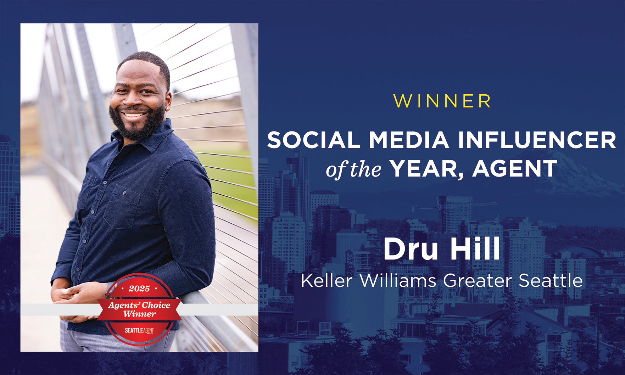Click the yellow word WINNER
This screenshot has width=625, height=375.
(x=442, y=101)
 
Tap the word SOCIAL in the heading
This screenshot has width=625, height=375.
(x=314, y=140)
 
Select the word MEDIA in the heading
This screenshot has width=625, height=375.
(x=409, y=140)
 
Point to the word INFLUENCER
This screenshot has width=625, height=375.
(x=537, y=140)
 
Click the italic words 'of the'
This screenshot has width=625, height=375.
(x=353, y=169)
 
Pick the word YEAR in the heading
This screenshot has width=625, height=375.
(x=427, y=169)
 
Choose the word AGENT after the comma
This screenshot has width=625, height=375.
(x=515, y=169)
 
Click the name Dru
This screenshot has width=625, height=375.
(x=411, y=249)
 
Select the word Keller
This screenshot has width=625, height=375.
(x=327, y=281)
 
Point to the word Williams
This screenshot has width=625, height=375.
(x=398, y=281)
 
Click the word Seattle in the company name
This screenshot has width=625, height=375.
(x=551, y=281)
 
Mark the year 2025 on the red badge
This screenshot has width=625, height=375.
(x=139, y=289)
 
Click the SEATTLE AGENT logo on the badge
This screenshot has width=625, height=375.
(x=139, y=330)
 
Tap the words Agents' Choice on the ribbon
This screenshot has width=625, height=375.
(x=139, y=305)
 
